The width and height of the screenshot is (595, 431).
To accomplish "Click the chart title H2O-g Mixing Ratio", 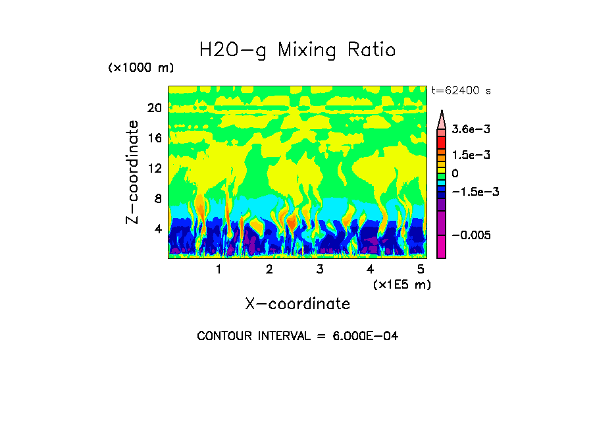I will pyautogui.click(x=297, y=50).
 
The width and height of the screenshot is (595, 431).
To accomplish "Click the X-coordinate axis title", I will pyautogui.click(x=297, y=304).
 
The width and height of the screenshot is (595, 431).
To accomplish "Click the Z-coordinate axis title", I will pyautogui.click(x=133, y=172).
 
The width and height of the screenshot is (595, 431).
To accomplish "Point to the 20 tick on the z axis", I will pyautogui.click(x=155, y=108).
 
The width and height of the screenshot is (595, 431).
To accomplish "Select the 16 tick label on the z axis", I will pyautogui.click(x=155, y=138).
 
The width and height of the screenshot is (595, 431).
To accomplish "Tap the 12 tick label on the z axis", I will pyautogui.click(x=155, y=169).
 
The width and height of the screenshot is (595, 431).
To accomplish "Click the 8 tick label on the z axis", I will pyautogui.click(x=157, y=199).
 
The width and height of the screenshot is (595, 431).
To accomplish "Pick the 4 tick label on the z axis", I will pyautogui.click(x=157, y=229).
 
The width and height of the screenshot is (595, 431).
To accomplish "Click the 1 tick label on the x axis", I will pyautogui.click(x=219, y=270).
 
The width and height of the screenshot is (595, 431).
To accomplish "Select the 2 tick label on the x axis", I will pyautogui.click(x=269, y=270).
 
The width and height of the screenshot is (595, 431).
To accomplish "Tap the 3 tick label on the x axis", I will pyautogui.click(x=320, y=270).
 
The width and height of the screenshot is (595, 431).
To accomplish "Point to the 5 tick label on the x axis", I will pyautogui.click(x=421, y=270).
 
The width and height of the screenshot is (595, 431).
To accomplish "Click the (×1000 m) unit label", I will pyautogui.click(x=141, y=69).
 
